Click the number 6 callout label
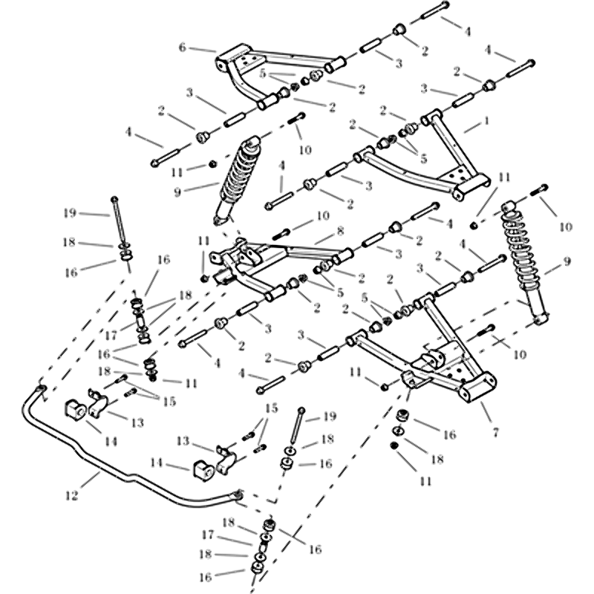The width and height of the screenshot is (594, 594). [x=182, y=47]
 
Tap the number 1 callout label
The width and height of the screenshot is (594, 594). [x=486, y=119]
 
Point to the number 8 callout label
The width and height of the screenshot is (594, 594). [x=340, y=231]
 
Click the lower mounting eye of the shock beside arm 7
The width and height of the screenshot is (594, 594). [x=541, y=318]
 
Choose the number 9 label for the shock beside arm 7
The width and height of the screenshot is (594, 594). [x=568, y=261]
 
